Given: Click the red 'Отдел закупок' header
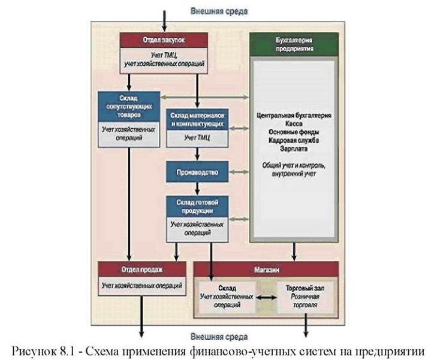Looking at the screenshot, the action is click(164, 40).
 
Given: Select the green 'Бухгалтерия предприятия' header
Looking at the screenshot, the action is click(294, 44).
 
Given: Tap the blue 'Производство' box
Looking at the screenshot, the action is click(197, 172).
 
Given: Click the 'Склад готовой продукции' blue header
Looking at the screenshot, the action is click(197, 206).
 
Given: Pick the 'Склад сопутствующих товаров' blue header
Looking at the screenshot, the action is click(129, 107).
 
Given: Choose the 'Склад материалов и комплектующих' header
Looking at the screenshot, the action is click(197, 119).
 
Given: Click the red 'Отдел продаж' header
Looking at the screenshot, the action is click(142, 269).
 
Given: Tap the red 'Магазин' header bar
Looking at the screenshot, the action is click(266, 270).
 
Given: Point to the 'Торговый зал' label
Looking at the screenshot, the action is click(305, 288).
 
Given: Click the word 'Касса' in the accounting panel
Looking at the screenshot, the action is click(294, 123).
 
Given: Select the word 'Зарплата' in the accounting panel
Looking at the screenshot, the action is click(294, 149).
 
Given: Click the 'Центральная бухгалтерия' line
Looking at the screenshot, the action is click(294, 115).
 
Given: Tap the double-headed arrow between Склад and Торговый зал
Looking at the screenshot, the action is click(266, 297).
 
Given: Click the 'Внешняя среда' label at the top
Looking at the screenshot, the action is click(219, 11).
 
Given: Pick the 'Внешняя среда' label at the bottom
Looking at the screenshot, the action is click(219, 337).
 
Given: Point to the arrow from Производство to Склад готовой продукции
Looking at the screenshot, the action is click(197, 189).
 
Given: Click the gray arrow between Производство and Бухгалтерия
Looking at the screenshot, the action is click(239, 172).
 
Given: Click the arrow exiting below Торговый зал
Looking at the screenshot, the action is click(306, 325).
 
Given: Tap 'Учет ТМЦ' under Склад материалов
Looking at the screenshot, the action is click(197, 138).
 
